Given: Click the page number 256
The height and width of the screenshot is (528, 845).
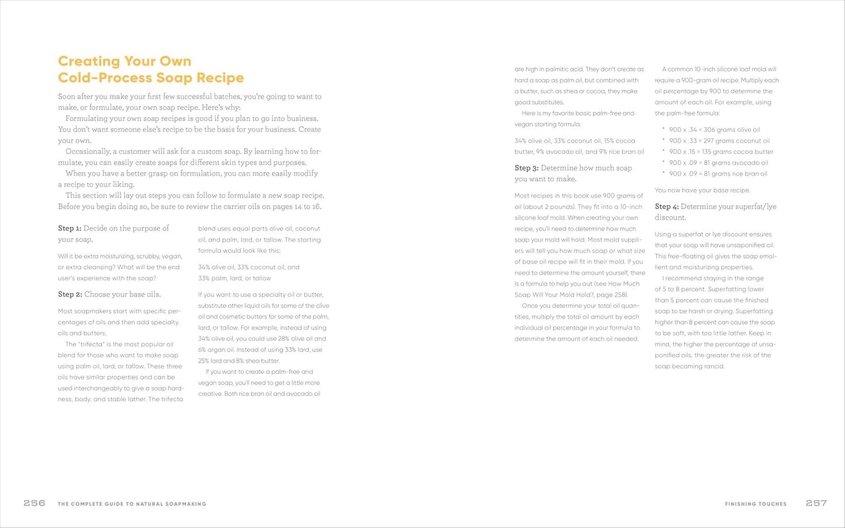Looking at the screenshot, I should pos(35,503).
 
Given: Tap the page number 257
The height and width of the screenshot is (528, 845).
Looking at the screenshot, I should pos(816,503).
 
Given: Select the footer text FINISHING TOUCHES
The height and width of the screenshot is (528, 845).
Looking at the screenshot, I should pos(756,503).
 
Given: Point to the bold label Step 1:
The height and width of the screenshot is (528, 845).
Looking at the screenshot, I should pos(70,228).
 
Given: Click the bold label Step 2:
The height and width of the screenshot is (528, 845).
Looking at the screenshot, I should pos(70,294).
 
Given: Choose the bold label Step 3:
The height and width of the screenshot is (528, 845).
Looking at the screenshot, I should pos(526,168).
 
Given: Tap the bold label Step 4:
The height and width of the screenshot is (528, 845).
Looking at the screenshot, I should pos(667,207).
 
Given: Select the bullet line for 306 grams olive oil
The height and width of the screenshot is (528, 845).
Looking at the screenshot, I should pos(714,130).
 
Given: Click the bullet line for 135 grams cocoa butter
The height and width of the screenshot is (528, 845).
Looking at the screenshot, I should pos(720,152).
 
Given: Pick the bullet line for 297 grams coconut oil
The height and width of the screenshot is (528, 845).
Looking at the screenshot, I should pos(719,141).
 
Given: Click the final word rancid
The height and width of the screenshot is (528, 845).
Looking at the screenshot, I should pos(714,367).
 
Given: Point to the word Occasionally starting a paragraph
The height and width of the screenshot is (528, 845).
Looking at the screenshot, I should pos(87,151).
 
